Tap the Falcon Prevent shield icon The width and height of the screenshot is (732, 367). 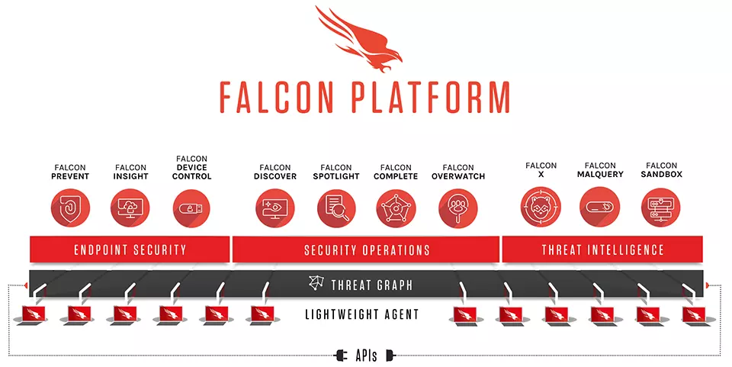70,208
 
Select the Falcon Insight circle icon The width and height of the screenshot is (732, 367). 130,208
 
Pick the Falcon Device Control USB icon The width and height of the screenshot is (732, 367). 191,208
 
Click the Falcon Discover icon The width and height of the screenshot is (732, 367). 275,208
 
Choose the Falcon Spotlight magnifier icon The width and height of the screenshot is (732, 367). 336,208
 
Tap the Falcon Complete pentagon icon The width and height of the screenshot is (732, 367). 396,208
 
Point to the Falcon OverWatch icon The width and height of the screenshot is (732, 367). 458,208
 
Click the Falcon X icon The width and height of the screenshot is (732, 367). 541,206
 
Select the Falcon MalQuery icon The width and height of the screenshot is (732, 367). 600,206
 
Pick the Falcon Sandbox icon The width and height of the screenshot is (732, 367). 661,206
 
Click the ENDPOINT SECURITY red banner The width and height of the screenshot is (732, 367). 130,249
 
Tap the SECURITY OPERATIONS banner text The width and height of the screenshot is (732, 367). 367,250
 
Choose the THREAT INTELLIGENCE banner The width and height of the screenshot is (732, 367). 602,249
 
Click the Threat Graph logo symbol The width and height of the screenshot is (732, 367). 316,283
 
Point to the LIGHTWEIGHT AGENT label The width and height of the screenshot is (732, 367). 361,314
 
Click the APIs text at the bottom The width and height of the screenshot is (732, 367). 366,356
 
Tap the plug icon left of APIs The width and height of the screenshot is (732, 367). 342,356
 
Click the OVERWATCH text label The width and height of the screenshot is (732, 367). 458,176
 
